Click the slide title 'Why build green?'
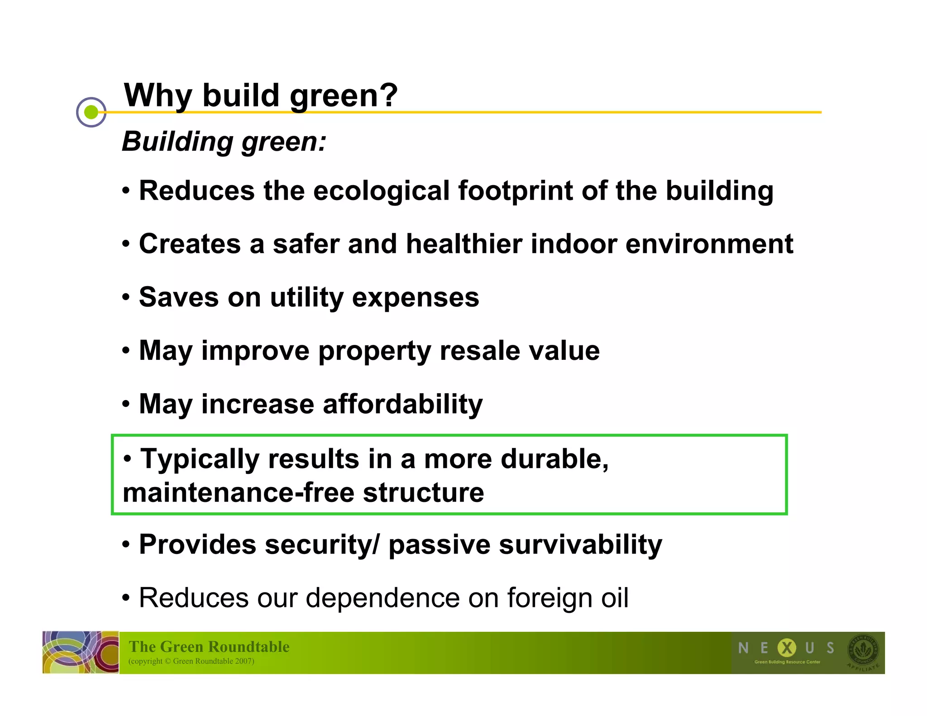pos(261,95)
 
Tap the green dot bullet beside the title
pos(91,112)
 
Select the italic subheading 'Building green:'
pos(224,142)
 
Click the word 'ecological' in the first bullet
pos(381,191)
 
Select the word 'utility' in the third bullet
pos(306,298)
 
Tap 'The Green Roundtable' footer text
pos(209,646)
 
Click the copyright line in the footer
pos(191,661)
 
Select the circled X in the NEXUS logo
pos(787,648)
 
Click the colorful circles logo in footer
pos(81,652)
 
